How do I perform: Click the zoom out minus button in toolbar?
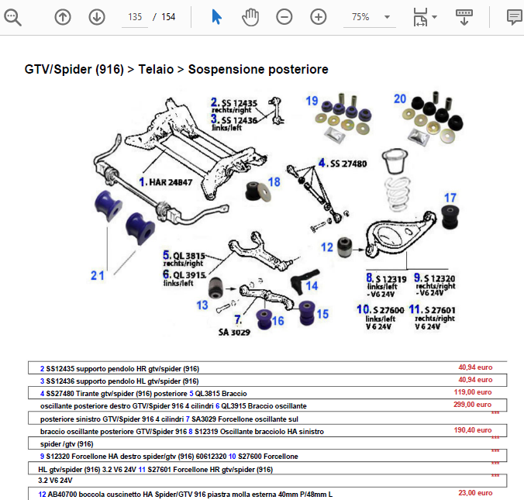pos(284,16)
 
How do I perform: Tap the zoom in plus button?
pos(319,16)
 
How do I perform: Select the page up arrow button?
pos(63,16)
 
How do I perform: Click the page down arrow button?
pos(97,16)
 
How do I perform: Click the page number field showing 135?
pos(136,16)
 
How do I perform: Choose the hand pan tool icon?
pos(250,16)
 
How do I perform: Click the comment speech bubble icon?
pos(513,16)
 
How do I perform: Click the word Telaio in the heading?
pos(158,70)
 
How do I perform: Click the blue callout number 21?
pos(96,274)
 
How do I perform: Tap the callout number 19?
pos(312,102)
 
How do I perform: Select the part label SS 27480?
pos(348,164)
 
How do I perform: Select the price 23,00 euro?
pos(477,491)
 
